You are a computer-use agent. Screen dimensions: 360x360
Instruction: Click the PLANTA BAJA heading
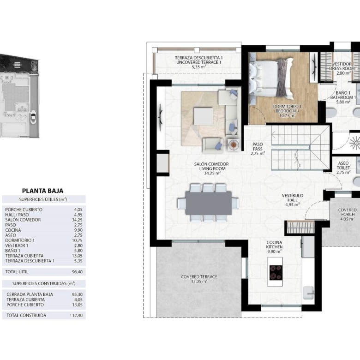[x=43, y=191]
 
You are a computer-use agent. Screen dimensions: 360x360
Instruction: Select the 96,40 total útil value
[x=77, y=272]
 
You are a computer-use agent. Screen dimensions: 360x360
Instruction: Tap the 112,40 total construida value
[x=76, y=315]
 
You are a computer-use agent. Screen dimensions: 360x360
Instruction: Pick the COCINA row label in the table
[x=13, y=230]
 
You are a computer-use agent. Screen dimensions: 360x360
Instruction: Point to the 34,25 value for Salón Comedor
[x=77, y=220]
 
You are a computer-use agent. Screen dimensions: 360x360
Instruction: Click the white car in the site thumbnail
[x=33, y=117]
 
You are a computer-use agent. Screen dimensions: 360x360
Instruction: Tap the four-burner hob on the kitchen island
[x=276, y=272]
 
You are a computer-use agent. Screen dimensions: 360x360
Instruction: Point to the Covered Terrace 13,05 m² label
[x=199, y=279]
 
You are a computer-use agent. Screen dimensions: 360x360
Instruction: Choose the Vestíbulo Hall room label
[x=292, y=200]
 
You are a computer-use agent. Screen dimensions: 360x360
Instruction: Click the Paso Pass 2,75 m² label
[x=258, y=149]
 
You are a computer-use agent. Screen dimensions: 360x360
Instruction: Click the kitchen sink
[x=308, y=293]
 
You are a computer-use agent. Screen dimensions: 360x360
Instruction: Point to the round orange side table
[x=234, y=145]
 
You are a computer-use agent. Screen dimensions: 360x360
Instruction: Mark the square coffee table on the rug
[x=204, y=116]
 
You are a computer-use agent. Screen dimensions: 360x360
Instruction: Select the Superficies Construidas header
[x=44, y=283]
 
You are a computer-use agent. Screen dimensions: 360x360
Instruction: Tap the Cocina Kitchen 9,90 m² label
[x=274, y=247]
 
